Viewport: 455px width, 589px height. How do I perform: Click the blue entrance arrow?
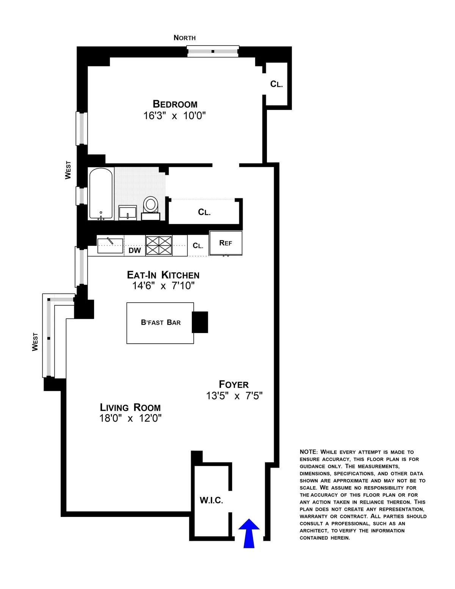coord(249,533)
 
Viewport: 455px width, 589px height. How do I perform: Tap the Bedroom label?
coord(175,104)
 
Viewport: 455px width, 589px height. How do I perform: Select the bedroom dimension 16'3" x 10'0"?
coord(174,116)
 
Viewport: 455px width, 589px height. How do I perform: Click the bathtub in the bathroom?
coord(101,194)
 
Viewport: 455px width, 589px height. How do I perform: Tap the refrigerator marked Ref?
coord(226,243)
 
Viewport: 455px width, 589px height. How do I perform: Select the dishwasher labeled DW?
coord(135,250)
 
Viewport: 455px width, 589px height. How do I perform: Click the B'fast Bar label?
coord(160,323)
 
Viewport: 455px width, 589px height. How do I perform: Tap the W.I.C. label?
coord(211,500)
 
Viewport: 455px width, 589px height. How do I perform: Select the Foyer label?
coord(234,384)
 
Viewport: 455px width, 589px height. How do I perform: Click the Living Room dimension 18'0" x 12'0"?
coord(130,419)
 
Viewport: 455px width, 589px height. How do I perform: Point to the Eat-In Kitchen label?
coord(163,275)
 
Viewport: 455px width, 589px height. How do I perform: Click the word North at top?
coord(185,38)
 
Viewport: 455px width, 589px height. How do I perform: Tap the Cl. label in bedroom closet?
coord(276,84)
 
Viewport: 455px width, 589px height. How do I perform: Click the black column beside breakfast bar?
coord(200,322)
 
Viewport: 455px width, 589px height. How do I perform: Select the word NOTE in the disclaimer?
coord(308,452)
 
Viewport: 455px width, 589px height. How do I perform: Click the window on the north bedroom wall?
coord(213,51)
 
